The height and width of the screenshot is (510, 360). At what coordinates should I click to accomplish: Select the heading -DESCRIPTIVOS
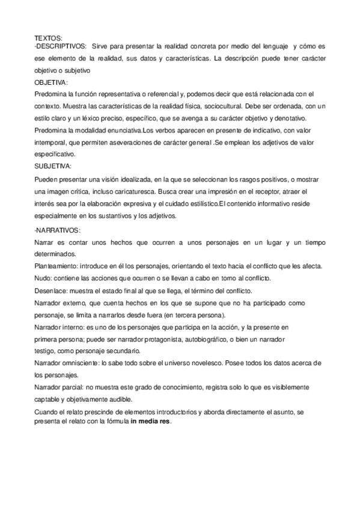[x=61, y=46]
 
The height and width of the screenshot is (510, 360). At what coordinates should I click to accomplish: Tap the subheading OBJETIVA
[x=51, y=82]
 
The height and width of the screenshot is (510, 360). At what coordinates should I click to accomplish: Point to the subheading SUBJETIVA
[x=53, y=165]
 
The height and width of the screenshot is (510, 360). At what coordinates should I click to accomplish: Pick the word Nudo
[x=43, y=278]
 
